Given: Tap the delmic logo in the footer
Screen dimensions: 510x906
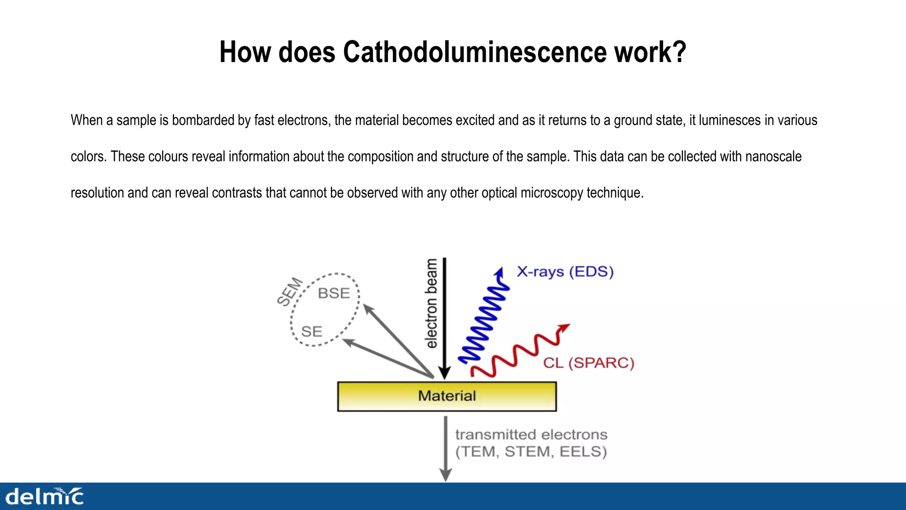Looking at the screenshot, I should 44,497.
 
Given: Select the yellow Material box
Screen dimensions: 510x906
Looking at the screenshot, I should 447,396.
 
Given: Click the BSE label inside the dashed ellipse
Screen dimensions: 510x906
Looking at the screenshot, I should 334,293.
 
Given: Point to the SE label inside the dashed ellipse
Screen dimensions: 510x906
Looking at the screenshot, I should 311,332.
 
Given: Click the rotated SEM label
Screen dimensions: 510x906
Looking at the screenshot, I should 290,292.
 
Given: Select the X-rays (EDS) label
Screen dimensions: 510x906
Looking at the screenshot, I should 565,271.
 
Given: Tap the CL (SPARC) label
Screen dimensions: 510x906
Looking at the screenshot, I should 588,363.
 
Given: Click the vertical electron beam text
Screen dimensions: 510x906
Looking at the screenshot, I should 431,304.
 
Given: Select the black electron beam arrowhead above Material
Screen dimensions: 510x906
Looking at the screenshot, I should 445,373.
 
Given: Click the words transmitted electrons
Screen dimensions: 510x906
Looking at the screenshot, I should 531,435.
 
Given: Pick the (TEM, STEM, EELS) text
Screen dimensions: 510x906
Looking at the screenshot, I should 531,452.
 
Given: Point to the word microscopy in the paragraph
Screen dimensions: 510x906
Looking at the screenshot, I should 553,193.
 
